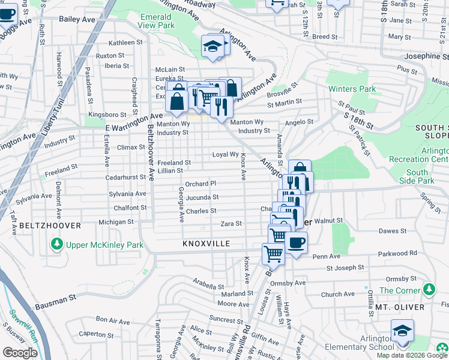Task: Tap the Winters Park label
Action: pos(352,89)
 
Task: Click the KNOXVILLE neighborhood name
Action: pos(206,244)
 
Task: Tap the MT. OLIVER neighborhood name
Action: pos(402,307)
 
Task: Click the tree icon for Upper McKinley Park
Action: pos(56,245)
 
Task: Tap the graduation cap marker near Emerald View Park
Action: pos(212,46)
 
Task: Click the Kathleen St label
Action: pos(125,43)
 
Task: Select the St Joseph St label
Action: pos(345,268)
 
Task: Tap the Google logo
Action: pos(20,353)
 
